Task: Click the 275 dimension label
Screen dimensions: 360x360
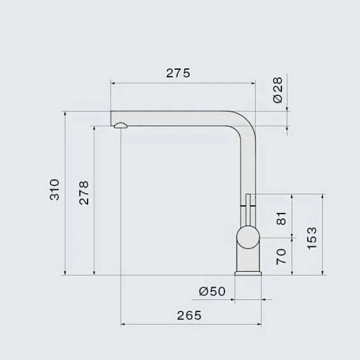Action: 178,73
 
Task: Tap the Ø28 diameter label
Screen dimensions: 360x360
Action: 278,90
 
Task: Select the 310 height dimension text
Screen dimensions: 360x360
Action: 54,189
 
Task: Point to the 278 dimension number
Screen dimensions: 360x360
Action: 84,193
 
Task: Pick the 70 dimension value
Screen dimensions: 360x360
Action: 281,256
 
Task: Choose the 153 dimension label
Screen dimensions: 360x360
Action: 311,238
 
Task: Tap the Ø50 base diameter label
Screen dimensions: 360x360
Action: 212,291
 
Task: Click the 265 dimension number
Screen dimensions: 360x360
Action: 189,315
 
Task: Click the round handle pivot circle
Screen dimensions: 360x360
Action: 248,238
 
